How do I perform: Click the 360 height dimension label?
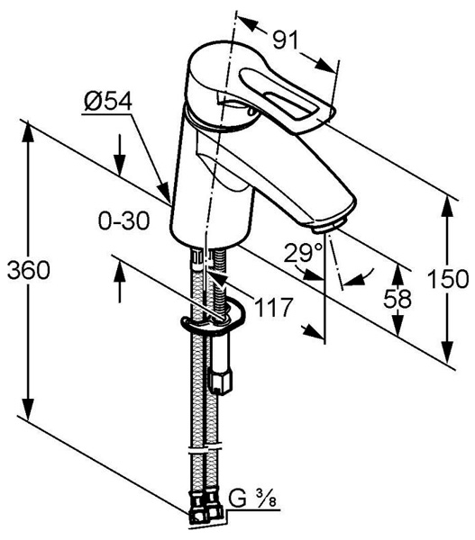[29, 270]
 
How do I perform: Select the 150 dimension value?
[448, 279]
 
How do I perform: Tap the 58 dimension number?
[397, 298]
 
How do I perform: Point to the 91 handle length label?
[285, 40]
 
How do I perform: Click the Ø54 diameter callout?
[108, 102]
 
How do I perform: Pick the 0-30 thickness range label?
[123, 220]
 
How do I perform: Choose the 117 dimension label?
[273, 307]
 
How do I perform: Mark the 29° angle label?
[303, 253]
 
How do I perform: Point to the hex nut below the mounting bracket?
[220, 382]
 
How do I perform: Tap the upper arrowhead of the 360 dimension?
[28, 131]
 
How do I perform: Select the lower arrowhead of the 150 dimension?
[447, 352]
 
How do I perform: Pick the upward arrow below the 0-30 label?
[120, 282]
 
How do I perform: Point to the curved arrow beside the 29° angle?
[359, 278]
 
